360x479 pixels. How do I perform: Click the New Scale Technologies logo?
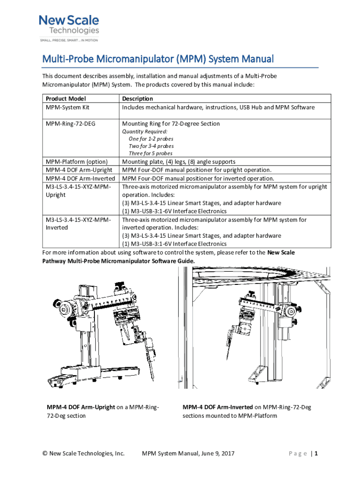pos(69,25)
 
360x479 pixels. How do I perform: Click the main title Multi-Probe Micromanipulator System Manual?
pos(158,59)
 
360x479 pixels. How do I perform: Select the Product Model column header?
pos(65,99)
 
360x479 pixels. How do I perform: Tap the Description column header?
pos(137,99)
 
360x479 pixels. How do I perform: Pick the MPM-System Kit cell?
pos(67,107)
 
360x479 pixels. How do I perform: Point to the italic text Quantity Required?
pos(144,131)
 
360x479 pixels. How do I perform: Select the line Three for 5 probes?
pos(151,153)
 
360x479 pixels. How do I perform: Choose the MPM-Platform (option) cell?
pos(77,162)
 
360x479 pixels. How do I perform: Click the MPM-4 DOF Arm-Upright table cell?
pos(80,170)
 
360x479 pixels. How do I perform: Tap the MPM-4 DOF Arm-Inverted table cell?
pos(80,178)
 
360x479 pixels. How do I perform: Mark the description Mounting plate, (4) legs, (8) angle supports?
pos(179,162)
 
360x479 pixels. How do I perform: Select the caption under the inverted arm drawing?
pos(246,411)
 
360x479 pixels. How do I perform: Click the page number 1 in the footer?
pos(317,453)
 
